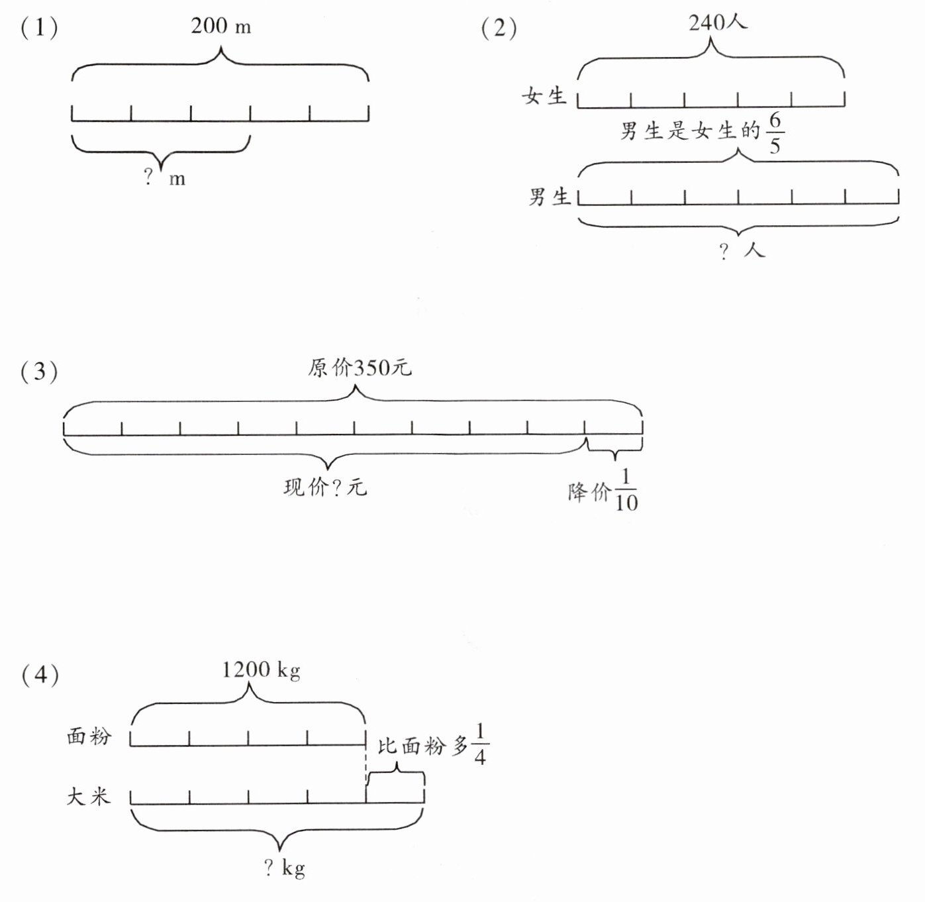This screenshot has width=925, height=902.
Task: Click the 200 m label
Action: [x=220, y=26]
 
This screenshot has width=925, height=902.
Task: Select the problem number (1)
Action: [x=40, y=28]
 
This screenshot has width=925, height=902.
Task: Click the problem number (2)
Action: [x=499, y=28]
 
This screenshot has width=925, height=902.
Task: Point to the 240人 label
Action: [x=718, y=23]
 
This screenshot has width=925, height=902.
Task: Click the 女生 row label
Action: [x=544, y=96]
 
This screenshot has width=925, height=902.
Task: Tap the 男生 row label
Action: [x=549, y=196]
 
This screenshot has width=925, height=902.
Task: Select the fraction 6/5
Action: [x=775, y=133]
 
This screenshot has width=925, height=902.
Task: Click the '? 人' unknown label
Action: [x=742, y=250]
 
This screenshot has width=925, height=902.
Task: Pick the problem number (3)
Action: [x=40, y=372]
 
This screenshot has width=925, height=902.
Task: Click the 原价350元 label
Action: [x=360, y=368]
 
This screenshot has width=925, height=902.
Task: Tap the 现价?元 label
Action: [x=325, y=487]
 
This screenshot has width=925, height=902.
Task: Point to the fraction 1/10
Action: [x=626, y=490]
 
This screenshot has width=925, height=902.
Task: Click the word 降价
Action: [x=589, y=492]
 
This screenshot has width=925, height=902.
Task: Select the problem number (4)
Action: [x=40, y=675]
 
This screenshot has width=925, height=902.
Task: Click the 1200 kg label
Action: [x=261, y=670]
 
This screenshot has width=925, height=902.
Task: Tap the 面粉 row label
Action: [x=89, y=736]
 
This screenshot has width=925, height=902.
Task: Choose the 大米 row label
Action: [x=88, y=796]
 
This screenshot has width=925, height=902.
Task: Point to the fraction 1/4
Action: [x=480, y=744]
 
